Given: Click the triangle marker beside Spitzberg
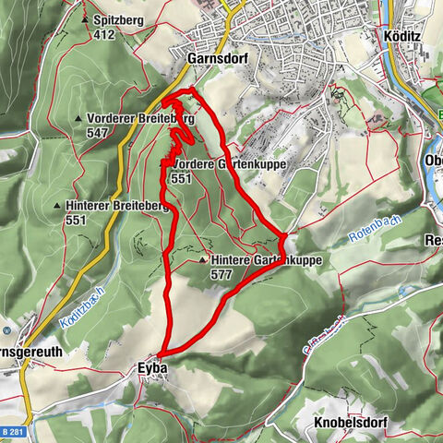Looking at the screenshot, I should click(85, 18).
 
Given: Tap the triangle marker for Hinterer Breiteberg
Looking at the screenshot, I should click(57, 206).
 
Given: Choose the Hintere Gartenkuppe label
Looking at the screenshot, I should click(266, 261).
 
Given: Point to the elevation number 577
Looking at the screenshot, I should click(221, 275).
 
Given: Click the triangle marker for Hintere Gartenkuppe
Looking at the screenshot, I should click(202, 261).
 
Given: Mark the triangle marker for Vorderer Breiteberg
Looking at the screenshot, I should click(78, 119).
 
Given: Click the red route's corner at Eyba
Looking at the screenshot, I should click(161, 353).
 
